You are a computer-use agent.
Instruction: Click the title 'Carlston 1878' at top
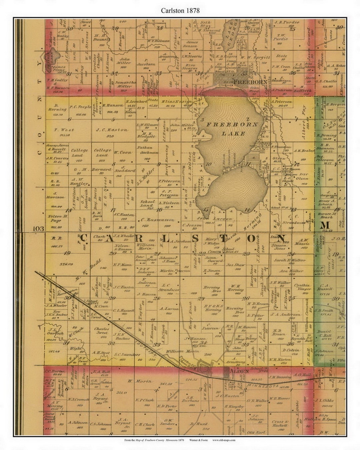(x=180, y=10)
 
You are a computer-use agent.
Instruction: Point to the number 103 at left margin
(x=39, y=229)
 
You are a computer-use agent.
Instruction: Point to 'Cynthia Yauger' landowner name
(x=302, y=287)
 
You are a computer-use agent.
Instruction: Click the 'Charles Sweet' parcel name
(x=101, y=330)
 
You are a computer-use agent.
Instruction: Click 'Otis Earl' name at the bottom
(x=256, y=432)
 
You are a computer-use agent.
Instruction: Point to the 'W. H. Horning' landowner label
(x=235, y=287)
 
